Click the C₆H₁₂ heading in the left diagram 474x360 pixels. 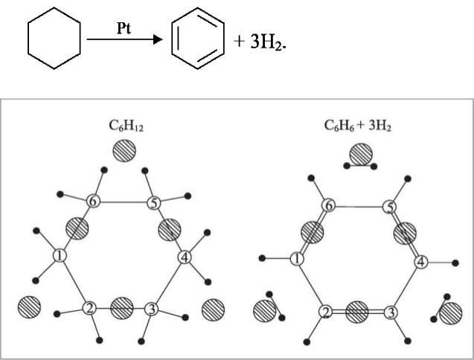pyautogui.click(x=124, y=127)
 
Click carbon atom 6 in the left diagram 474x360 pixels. pyautogui.click(x=93, y=202)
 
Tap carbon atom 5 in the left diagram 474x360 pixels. pyautogui.click(x=153, y=202)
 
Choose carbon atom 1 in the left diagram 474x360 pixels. pyautogui.click(x=60, y=256)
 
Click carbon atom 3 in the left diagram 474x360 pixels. pyautogui.click(x=151, y=308)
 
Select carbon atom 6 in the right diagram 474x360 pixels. pyautogui.click(x=328, y=205)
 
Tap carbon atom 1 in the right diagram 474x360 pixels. pyautogui.click(x=296, y=259)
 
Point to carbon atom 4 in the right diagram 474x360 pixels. pyautogui.click(x=420, y=262)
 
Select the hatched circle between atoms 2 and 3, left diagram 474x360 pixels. pyautogui.click(x=121, y=306)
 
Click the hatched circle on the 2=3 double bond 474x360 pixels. pyautogui.click(x=357, y=310)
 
